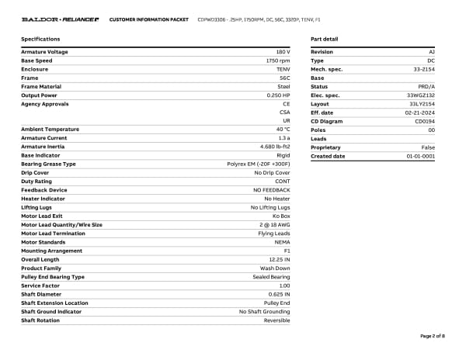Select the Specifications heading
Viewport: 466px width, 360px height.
(x=40, y=39)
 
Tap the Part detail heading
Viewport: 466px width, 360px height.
(x=324, y=39)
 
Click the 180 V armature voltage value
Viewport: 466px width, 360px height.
(x=283, y=52)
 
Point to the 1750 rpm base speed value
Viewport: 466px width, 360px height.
(x=278, y=61)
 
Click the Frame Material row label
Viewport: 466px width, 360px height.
(x=40, y=87)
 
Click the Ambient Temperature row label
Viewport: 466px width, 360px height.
(x=47, y=129)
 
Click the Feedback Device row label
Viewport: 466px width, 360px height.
(x=43, y=190)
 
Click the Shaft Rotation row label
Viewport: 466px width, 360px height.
(x=40, y=320)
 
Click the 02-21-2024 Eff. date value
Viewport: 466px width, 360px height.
(x=421, y=112)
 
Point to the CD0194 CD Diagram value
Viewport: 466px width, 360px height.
(x=425, y=121)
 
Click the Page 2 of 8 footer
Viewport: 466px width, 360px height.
(x=433, y=336)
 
